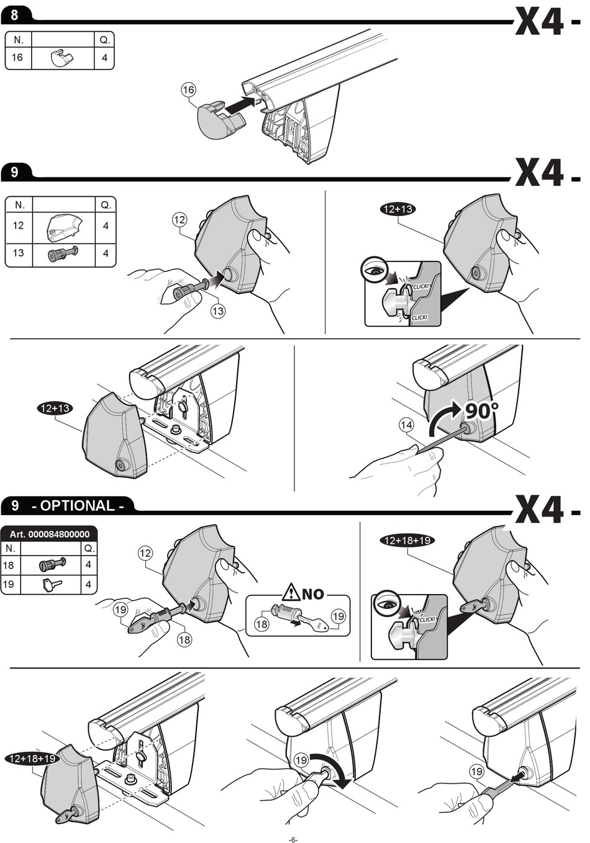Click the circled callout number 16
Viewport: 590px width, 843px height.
(x=188, y=89)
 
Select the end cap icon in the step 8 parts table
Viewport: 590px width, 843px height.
(x=62, y=58)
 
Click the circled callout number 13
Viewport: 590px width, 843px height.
(x=218, y=310)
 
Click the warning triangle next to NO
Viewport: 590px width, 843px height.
(x=292, y=593)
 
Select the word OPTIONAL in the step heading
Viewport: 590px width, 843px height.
(x=78, y=505)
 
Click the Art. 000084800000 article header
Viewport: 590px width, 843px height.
(x=49, y=534)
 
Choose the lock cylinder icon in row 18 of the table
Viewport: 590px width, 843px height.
(x=52, y=564)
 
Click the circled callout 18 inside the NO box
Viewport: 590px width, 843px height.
(x=261, y=624)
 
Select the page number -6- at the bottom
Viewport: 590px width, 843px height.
(x=293, y=839)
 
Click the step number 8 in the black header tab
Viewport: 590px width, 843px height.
(x=14, y=16)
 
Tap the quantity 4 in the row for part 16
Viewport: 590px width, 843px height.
(x=104, y=58)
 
